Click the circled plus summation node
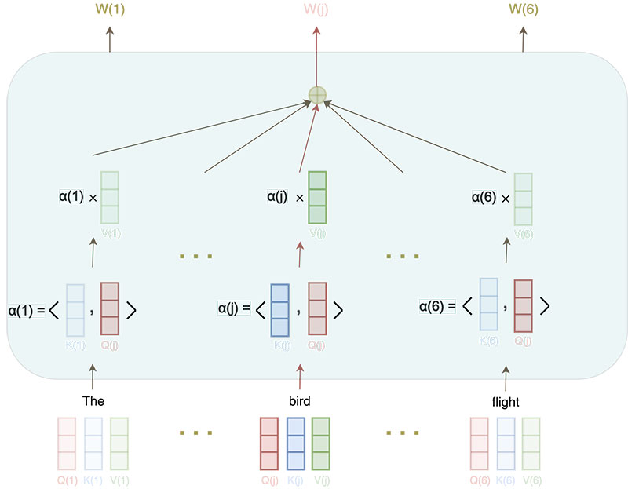pos(316,95)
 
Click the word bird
pos(299,401)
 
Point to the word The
pos(93,401)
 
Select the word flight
pos(505,401)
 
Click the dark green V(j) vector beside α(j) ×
pos(317,198)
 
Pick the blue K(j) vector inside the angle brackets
pos(280,309)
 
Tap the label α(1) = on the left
pos(27,310)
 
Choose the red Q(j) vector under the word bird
pos(269,443)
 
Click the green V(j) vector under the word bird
pos(321,443)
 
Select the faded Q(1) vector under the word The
pos(68,443)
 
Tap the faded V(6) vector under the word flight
pos(531,443)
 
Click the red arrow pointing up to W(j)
pos(316,55)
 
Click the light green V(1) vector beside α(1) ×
pos(110,198)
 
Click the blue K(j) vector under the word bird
pos(295,443)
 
